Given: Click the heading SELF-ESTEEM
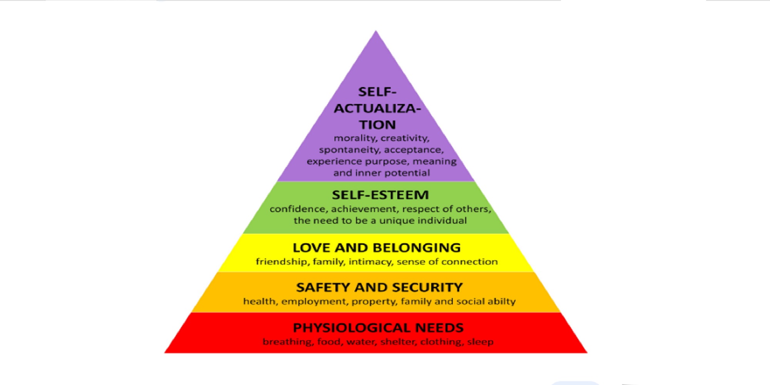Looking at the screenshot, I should [x=380, y=195].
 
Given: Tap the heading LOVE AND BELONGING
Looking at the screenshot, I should [x=377, y=248].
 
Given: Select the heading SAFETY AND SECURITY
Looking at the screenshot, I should [x=379, y=287].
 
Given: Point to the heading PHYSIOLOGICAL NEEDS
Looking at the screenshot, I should [x=378, y=328].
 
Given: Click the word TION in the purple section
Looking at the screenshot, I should [x=377, y=125].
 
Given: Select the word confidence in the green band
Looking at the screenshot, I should [x=297, y=209].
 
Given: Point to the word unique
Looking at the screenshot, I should [x=397, y=221].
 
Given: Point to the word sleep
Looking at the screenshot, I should [x=480, y=342].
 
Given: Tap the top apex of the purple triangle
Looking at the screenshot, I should [x=376, y=32].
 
